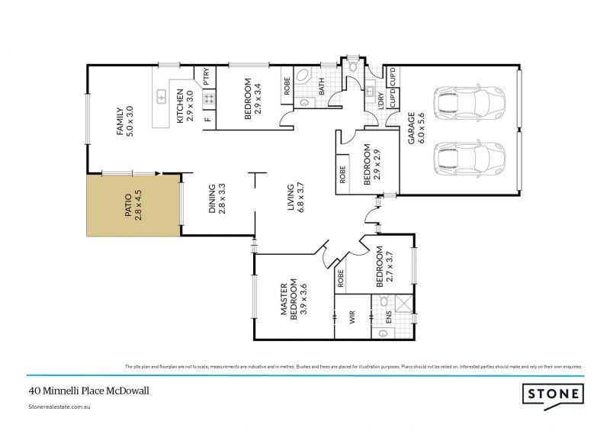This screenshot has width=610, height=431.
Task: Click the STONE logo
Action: (553, 394)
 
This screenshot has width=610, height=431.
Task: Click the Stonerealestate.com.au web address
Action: (60, 408)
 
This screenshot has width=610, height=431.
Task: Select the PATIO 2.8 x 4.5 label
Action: (133, 204)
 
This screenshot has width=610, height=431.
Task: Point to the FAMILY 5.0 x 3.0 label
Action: (124, 121)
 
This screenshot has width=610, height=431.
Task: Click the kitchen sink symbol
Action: (162, 97)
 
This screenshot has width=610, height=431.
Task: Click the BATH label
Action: (322, 87)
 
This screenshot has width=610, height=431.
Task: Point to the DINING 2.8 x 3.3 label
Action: (217, 198)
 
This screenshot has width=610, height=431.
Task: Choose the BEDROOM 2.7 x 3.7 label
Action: (384, 268)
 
